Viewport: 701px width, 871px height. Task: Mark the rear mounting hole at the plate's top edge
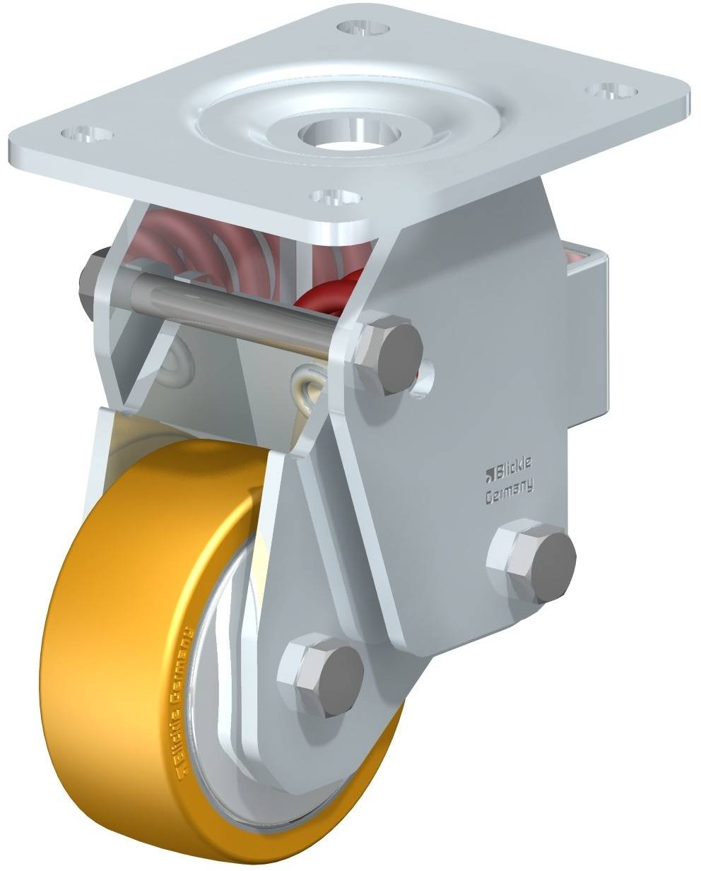[363, 28]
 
